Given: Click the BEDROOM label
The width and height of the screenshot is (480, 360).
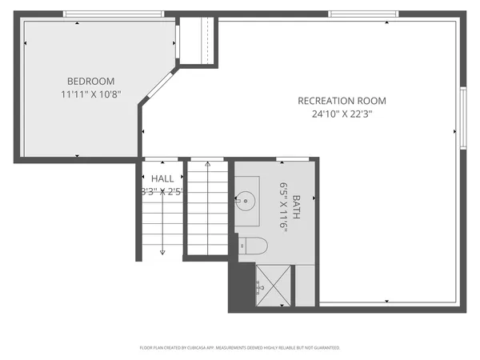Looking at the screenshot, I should coord(90,81).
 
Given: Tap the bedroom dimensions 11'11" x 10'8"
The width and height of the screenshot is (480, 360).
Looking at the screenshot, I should coord(90,94).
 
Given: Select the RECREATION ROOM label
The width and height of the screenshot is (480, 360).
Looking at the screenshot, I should coord(342,101).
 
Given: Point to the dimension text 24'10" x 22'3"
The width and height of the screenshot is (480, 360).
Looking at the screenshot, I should coord(342,114).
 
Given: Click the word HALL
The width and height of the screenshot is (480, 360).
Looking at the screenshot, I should coord(162,178).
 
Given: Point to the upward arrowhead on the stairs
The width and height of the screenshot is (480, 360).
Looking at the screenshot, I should coord(208,164).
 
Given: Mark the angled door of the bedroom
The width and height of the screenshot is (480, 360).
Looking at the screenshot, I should coord(158,86).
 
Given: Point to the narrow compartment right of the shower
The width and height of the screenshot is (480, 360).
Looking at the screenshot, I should coord(305,286).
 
